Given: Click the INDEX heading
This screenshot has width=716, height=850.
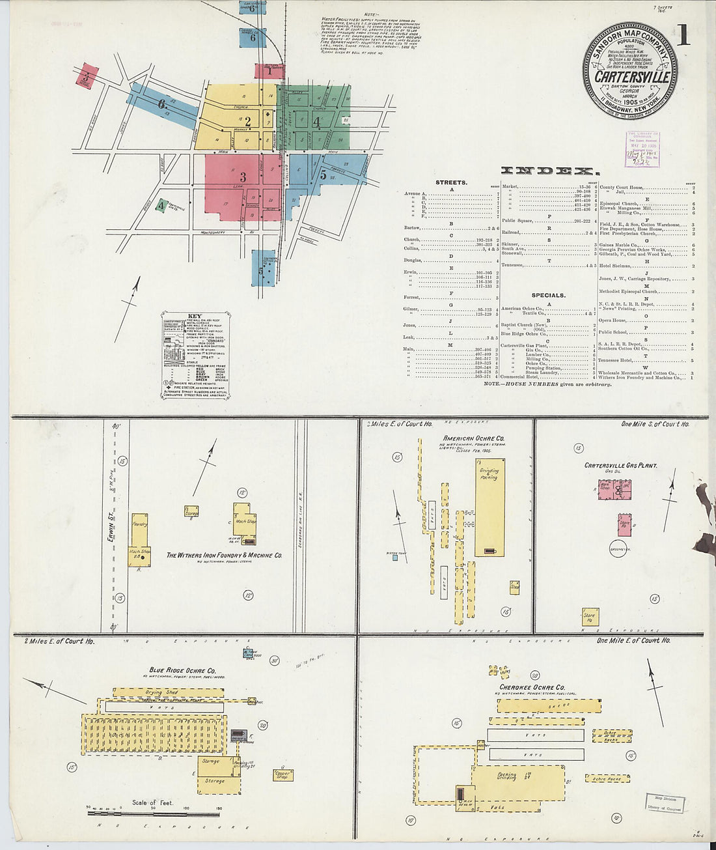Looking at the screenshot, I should coord(550,171).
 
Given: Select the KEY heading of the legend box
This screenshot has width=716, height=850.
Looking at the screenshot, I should coord(195,316).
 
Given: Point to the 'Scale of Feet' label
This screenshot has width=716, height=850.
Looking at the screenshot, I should coord(153,802).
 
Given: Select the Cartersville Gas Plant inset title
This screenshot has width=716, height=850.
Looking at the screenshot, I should coord(620,466).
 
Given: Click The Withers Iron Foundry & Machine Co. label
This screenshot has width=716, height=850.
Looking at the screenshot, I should coord(224,556).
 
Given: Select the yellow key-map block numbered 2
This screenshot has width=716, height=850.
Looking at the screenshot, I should coord(247,120).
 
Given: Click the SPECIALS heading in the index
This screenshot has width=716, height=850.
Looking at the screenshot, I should coord(548,295).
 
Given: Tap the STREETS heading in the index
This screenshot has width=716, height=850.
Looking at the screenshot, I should coord(452,182).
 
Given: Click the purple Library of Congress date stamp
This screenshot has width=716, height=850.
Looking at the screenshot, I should coord(642,149).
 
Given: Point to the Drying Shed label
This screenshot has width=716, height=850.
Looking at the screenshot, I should coord(161,692).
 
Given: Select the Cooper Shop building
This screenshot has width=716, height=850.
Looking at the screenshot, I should coord(282,774).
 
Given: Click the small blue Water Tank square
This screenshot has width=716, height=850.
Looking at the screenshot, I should coord(394,558).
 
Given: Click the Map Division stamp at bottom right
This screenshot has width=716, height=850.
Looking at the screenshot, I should coord(664,802).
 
